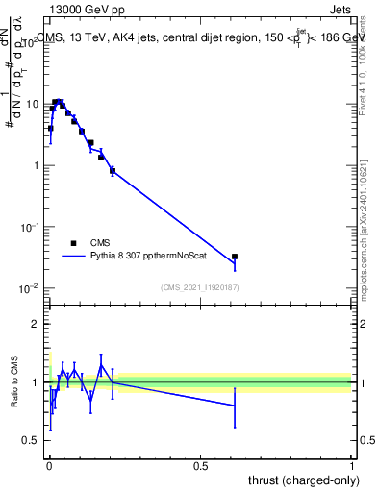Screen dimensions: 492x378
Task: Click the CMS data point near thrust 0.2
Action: coord(113,171)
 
